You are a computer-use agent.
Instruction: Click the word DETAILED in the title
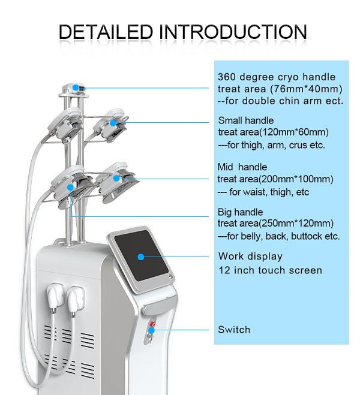106,32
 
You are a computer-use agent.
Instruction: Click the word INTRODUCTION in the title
233,32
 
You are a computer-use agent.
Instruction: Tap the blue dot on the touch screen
141,257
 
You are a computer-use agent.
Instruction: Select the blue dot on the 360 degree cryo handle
76,88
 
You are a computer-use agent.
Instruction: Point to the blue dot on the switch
151,330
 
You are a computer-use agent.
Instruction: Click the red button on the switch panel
152,324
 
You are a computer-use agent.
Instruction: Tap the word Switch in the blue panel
234,330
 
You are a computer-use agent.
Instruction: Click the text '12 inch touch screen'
270,270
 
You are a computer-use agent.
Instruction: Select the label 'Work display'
250,257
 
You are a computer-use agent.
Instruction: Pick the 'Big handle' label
240,212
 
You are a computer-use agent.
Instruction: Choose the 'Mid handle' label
242,167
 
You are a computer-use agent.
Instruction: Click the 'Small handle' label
246,120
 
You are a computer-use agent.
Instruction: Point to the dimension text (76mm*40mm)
306,89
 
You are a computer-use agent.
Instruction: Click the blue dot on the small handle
113,123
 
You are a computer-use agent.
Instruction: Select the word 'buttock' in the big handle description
306,236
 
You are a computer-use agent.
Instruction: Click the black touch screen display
141,255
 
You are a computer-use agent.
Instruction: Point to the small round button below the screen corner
172,276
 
